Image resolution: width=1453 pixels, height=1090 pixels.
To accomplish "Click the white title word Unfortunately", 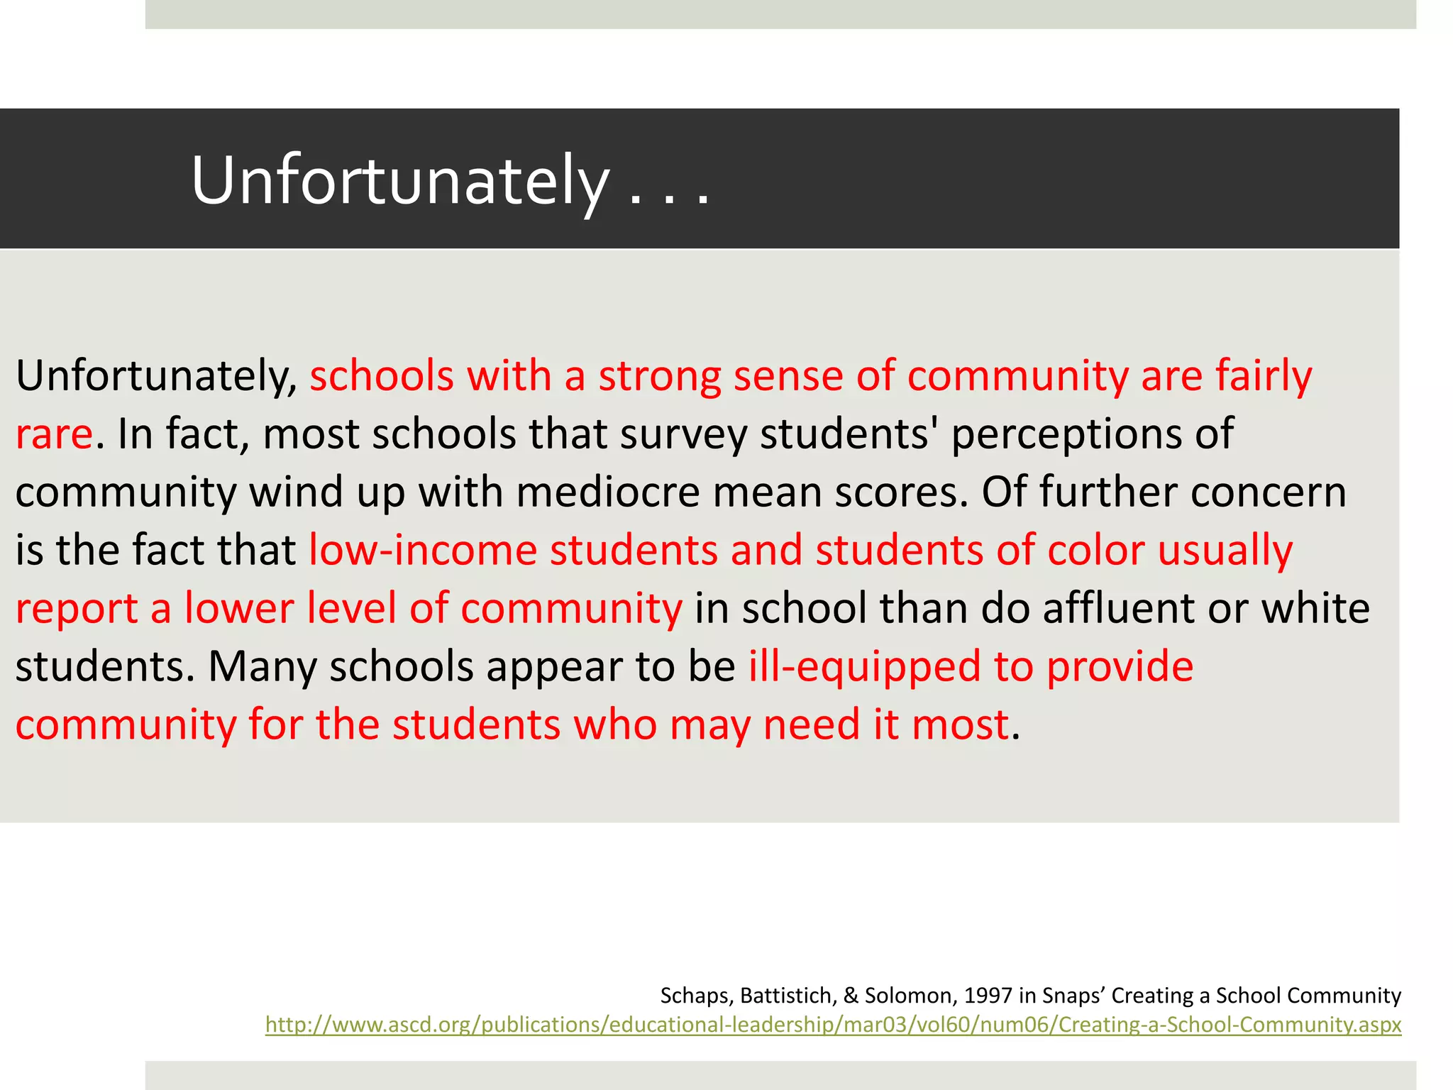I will (399, 181).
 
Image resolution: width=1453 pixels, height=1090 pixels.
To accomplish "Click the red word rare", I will (54, 434).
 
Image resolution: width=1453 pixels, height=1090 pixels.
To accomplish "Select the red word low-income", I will (423, 550).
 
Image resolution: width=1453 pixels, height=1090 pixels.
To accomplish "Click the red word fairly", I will (1264, 375).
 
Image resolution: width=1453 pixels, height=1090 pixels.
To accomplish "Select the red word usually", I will (1225, 550).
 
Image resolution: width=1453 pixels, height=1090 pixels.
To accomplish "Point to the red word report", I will (77, 608).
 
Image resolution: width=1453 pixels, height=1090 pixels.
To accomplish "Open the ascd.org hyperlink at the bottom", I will (833, 1025).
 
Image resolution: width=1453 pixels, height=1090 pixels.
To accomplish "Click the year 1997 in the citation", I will (988, 996).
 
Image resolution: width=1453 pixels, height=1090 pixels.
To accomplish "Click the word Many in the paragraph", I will (262, 666).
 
